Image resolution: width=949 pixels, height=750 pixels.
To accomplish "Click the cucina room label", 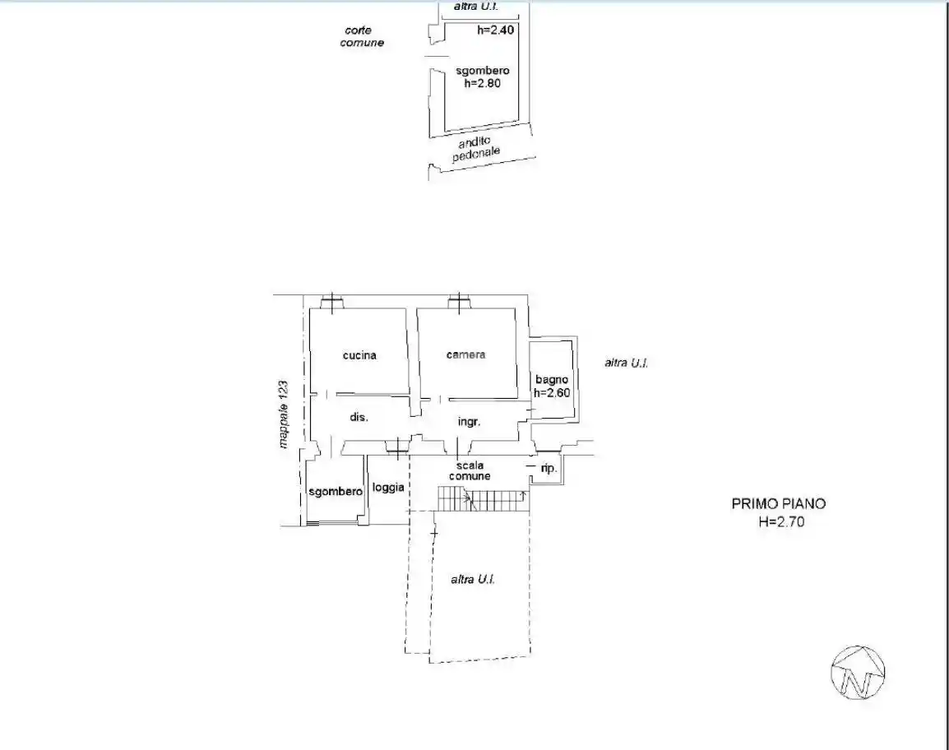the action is [x=359, y=355].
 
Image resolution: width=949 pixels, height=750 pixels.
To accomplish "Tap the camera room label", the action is [x=465, y=354].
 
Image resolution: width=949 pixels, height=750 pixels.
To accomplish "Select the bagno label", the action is [x=551, y=380].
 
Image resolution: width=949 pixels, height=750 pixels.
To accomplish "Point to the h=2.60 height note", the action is [x=551, y=393].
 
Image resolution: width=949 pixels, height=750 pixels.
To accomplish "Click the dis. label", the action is [x=359, y=417].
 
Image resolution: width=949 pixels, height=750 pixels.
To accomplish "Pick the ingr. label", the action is [x=469, y=422].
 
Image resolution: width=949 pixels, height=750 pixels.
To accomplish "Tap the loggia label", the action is [x=388, y=488].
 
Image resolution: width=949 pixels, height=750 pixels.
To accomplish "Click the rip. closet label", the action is [x=549, y=468].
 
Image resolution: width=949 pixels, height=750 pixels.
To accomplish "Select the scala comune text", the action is [x=470, y=471].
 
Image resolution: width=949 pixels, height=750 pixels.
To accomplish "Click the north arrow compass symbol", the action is [x=859, y=673].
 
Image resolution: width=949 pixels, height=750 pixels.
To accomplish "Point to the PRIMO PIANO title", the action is [x=778, y=503].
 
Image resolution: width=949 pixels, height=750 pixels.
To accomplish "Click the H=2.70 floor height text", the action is [x=781, y=521].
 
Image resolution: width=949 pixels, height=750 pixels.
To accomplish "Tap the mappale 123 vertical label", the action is [x=283, y=414].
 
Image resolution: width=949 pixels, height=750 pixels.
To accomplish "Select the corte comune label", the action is [x=362, y=36].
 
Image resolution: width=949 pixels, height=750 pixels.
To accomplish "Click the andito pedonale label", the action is [x=475, y=149].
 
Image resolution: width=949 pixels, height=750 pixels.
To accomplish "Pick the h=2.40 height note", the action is [x=496, y=29].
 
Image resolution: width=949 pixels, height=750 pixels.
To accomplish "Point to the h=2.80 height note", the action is [x=483, y=84].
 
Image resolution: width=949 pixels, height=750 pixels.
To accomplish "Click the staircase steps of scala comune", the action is [x=481, y=501].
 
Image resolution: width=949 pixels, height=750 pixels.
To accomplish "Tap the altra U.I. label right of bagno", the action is [x=627, y=363].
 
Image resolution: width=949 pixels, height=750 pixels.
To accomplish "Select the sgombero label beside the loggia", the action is [x=336, y=492].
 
